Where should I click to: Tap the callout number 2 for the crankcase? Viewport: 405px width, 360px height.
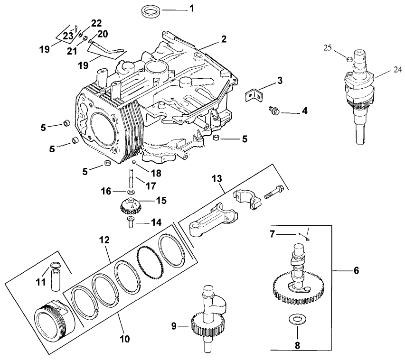coord(223,40)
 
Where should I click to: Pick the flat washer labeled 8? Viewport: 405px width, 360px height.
coord(297,318)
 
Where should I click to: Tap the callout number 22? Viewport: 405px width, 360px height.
coord(96,23)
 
